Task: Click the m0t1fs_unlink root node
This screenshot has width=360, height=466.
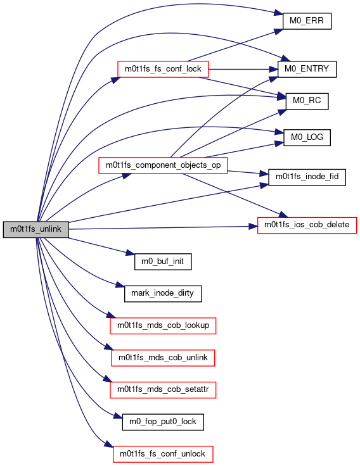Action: coord(35,229)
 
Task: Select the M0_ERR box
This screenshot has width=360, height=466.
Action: coord(307,21)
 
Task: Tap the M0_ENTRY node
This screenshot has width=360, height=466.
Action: coord(307,69)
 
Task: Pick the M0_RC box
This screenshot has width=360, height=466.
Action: coord(307,101)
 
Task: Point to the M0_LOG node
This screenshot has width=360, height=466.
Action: coord(307,137)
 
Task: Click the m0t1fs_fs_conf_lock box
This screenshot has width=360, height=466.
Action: coord(163,69)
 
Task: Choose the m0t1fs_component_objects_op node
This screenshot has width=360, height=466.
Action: coord(163,165)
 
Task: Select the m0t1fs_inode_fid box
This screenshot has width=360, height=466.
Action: coord(307,177)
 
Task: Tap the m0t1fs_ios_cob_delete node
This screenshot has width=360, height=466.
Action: coord(307,225)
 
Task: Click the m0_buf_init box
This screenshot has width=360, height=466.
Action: coord(163,261)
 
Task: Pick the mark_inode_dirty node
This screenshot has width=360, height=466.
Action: coord(163,294)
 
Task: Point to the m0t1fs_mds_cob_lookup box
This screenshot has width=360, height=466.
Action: coord(163,325)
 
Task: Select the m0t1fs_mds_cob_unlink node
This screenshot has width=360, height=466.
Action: coord(163,358)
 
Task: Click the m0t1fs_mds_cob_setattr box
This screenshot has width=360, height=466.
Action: coord(163,390)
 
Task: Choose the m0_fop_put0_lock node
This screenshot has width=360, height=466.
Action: coord(163,422)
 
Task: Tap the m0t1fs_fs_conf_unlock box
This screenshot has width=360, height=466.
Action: coord(163,454)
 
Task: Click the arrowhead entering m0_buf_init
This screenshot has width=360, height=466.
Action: coord(130,253)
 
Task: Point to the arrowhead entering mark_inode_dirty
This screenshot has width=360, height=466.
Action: coord(120,286)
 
